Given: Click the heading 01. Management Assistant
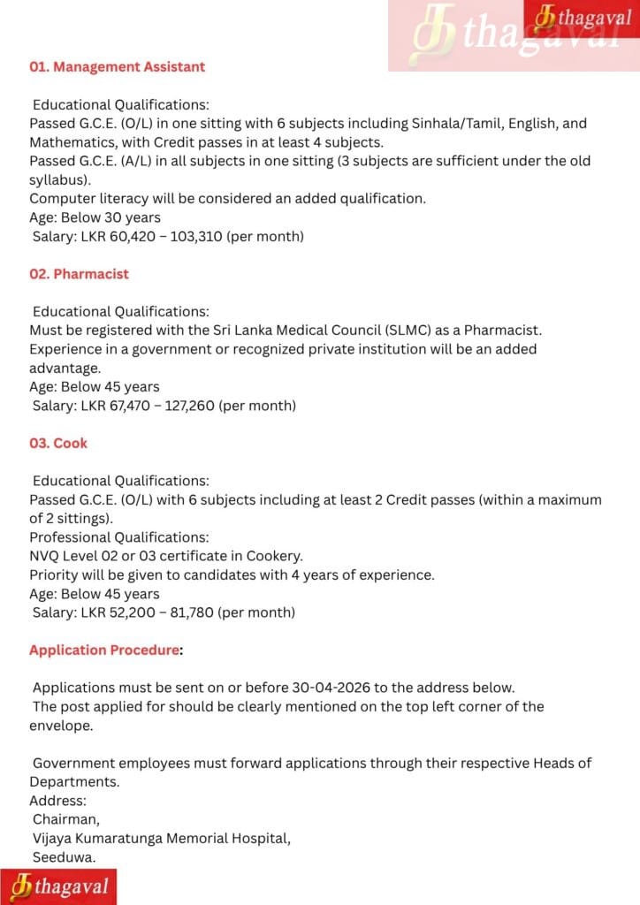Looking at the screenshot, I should click(117, 67).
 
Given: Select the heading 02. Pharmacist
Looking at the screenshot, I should click(79, 274).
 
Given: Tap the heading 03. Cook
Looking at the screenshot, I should click(58, 443).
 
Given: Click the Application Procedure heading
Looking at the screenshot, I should click(104, 650).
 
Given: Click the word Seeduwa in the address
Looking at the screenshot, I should click(64, 857).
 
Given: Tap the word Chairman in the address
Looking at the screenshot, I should click(66, 819).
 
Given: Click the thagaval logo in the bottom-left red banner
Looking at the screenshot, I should click(58, 886).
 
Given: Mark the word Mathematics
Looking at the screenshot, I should click(72, 142).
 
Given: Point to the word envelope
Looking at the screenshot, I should click(63, 725).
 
